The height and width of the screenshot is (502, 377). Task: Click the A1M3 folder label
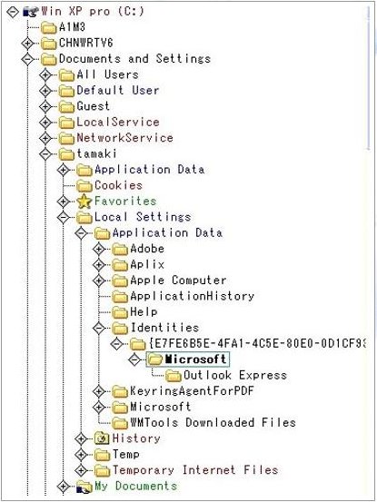[72, 27]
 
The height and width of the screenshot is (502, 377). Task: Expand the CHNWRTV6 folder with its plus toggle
[27, 43]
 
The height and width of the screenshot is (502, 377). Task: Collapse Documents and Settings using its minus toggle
[27, 59]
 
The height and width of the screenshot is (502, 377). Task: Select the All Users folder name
[107, 74]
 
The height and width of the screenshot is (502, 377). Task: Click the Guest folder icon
[67, 106]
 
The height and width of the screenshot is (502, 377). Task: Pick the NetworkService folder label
[125, 138]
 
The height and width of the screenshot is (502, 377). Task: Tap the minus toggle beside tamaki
[45, 154]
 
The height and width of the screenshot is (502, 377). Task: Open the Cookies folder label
[118, 185]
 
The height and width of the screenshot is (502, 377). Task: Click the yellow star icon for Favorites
[84, 202]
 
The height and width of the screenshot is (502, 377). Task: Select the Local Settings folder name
[143, 217]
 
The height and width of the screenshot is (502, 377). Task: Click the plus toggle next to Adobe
[99, 249]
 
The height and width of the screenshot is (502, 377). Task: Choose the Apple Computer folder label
[178, 281]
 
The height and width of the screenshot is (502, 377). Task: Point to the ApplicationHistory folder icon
[121, 297]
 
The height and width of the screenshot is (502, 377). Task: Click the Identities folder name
[164, 328]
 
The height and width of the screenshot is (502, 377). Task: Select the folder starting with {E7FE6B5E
[257, 343]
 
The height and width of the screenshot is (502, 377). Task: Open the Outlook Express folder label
[235, 375]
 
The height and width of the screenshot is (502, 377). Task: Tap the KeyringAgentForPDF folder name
[192, 391]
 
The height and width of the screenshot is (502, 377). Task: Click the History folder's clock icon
[102, 438]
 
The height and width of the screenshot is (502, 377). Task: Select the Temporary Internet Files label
[195, 470]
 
